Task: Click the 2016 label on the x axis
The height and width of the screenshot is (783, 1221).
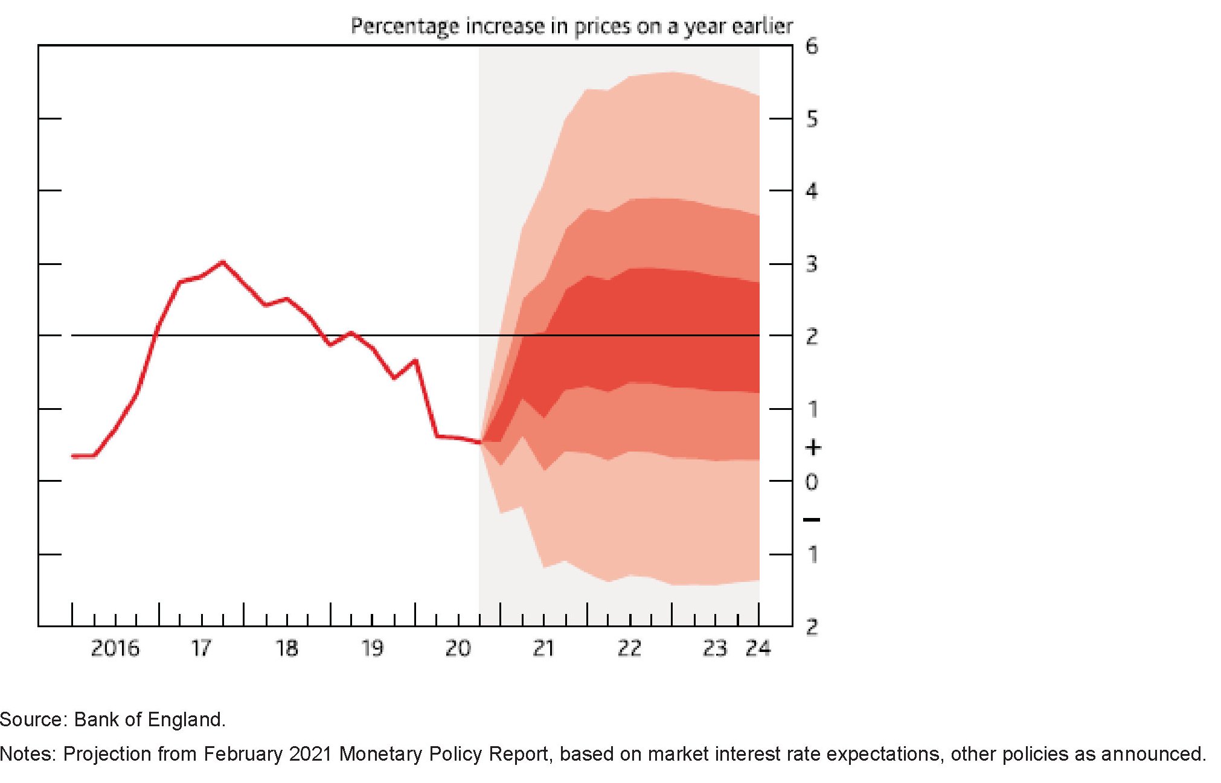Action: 115,648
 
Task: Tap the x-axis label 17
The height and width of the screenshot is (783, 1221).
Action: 201,648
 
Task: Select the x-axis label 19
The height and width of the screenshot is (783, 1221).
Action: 372,648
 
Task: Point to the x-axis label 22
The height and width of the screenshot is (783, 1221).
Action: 629,648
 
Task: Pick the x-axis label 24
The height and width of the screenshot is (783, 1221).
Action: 758,648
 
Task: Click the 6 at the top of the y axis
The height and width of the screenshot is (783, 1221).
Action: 812,46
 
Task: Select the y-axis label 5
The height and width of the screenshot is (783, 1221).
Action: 812,119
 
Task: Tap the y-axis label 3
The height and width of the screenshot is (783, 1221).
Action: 812,264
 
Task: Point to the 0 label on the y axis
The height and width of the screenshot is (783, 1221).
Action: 812,482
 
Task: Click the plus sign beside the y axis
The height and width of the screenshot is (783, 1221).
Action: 813,447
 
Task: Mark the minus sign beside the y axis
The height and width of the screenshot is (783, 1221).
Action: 812,520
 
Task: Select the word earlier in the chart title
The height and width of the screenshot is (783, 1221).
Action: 762,26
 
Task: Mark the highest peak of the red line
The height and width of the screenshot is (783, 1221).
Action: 223,262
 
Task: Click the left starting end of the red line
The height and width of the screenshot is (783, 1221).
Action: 73,456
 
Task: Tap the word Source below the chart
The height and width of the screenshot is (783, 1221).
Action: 33,720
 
